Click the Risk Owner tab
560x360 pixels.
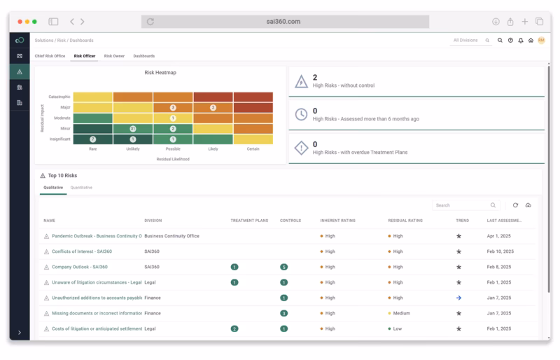click(113, 56)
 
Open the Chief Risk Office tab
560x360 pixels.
click(50, 56)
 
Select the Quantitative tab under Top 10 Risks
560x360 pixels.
click(81, 188)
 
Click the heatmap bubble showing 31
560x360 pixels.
click(133, 129)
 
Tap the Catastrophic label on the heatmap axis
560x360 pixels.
click(59, 97)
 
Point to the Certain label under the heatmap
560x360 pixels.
click(253, 148)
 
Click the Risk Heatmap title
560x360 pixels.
click(160, 72)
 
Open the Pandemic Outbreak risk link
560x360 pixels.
click(96, 236)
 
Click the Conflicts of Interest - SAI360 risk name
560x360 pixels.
click(81, 251)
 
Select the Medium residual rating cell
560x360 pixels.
click(401, 313)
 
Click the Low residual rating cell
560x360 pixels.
click(397, 328)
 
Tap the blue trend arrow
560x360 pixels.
click(458, 298)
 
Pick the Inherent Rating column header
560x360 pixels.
click(337, 221)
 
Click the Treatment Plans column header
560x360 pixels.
click(249, 221)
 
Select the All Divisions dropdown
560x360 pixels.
click(471, 41)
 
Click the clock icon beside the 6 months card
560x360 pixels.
click(301, 114)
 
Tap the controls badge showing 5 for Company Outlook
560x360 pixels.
click(283, 267)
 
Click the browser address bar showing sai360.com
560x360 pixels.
click(285, 22)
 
